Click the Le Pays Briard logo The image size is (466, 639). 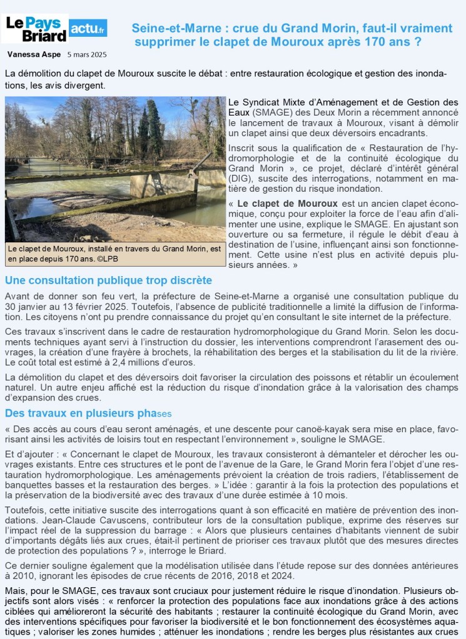(x=36, y=29)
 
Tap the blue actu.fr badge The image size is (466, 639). (x=88, y=27)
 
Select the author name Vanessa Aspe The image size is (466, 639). (x=34, y=54)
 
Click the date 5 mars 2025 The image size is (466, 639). (x=88, y=54)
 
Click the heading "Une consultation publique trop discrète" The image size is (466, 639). (x=108, y=280)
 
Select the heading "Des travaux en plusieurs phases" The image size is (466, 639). (x=88, y=414)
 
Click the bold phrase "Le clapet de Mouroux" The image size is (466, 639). (x=287, y=204)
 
